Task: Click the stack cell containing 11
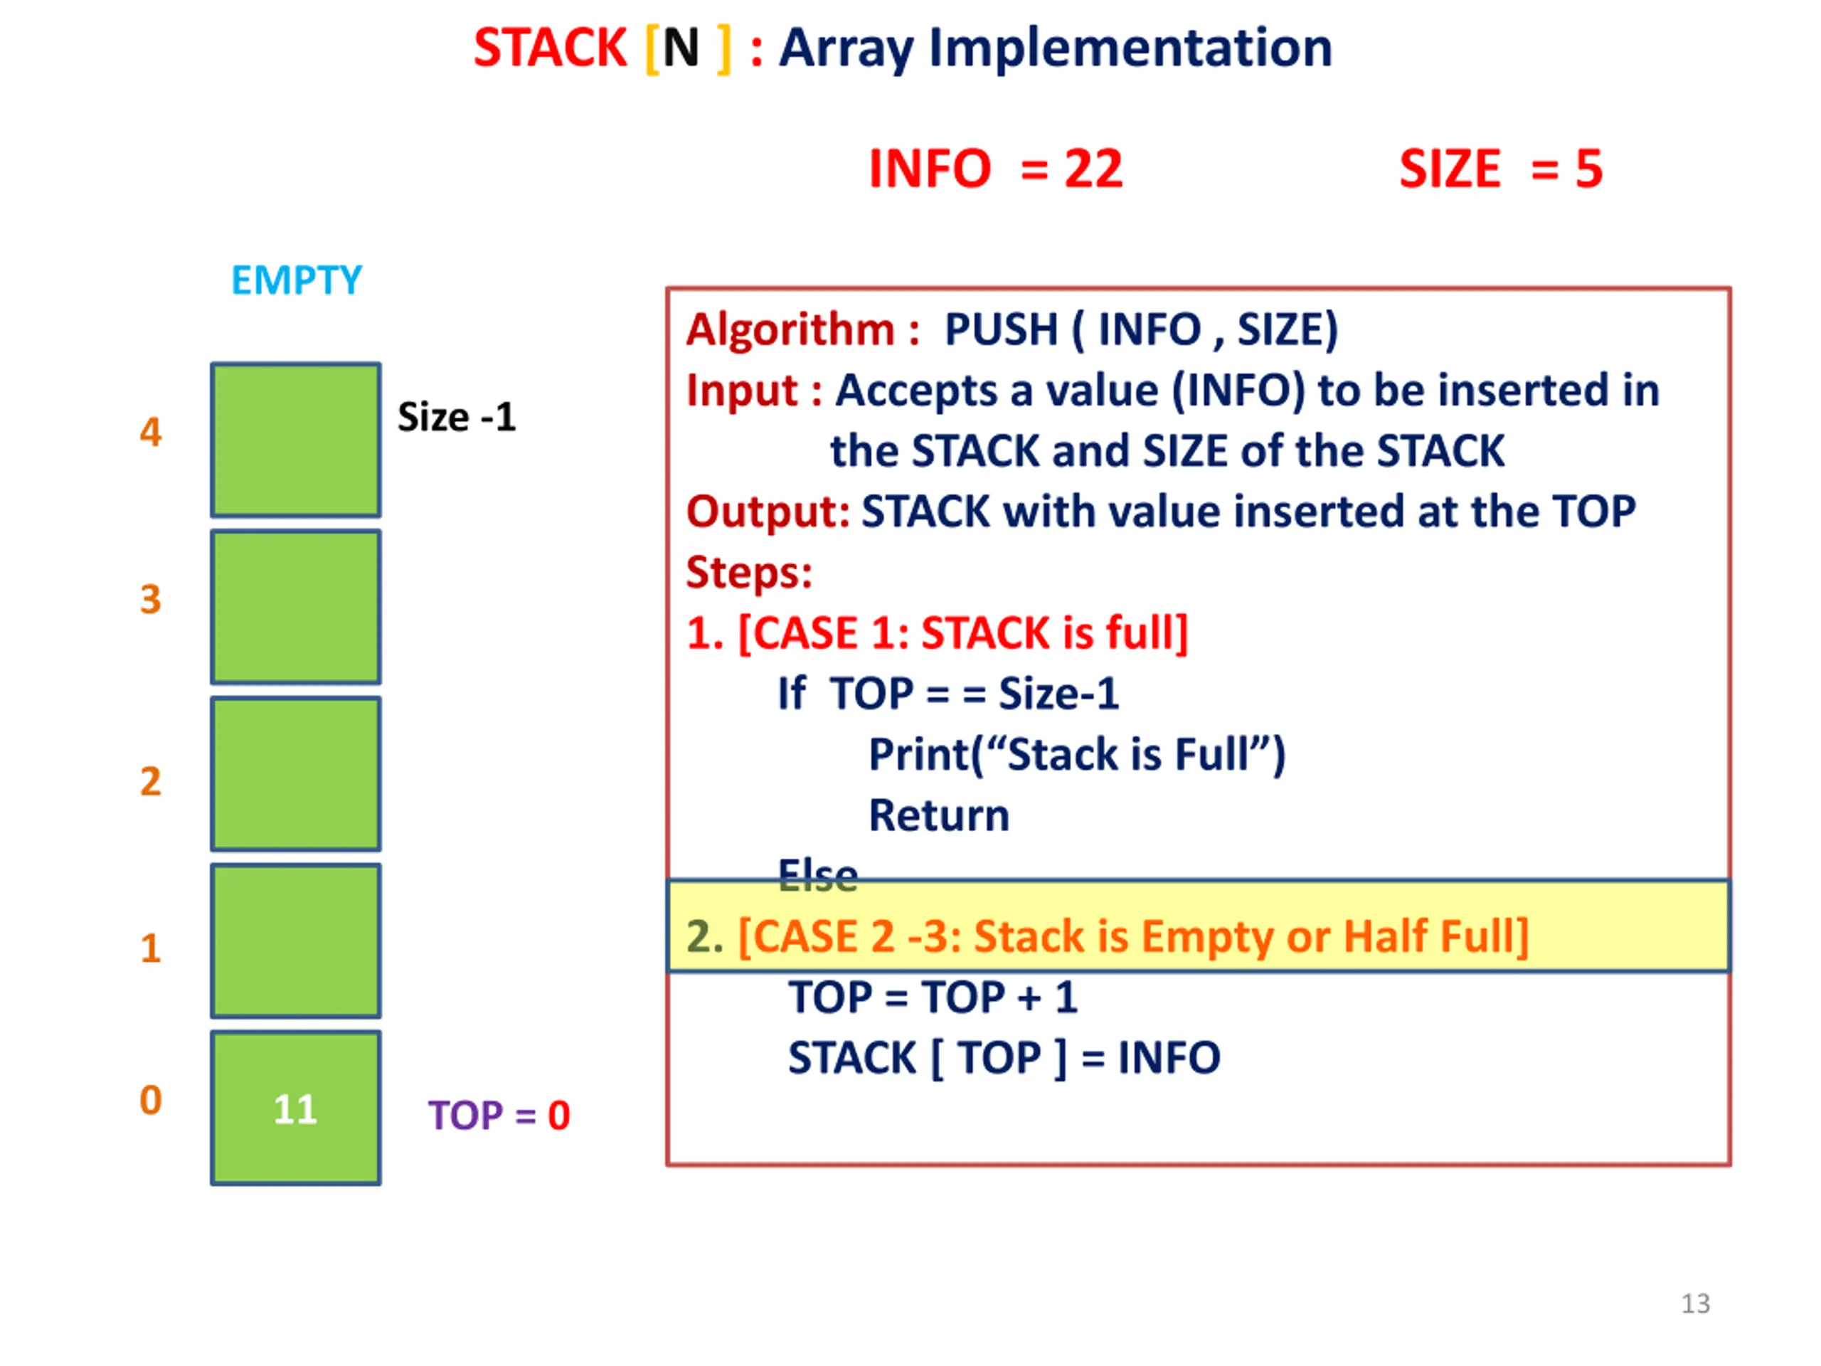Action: (x=295, y=1108)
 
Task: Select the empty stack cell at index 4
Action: (x=295, y=440)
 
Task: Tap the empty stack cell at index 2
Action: (x=295, y=774)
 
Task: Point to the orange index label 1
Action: (x=150, y=948)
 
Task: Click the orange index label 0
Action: (x=150, y=1100)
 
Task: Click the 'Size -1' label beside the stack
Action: (x=456, y=417)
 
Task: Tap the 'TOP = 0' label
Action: (x=499, y=1116)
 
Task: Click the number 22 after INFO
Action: (x=1093, y=169)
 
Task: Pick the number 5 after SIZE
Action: (x=1589, y=169)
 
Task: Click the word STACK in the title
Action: (x=550, y=48)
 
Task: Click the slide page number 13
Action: (x=1695, y=1303)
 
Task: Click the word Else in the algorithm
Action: (x=817, y=874)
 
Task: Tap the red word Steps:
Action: (x=749, y=573)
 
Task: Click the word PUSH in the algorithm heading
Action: (x=1001, y=329)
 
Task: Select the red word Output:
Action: (x=768, y=512)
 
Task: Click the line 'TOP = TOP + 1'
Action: (x=933, y=997)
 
